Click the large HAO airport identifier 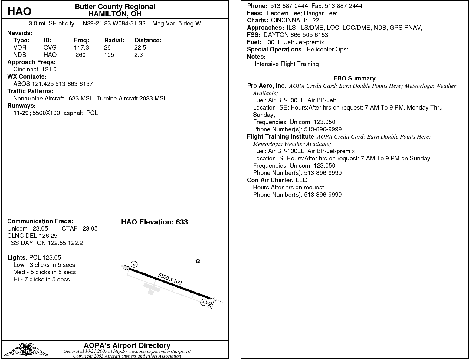[19, 11]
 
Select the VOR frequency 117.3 [81, 47]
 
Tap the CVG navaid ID [50, 47]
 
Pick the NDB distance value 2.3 [138, 55]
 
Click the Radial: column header [114, 40]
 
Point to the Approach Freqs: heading [31, 62]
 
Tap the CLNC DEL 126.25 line [32, 236]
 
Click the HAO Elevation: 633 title [154, 222]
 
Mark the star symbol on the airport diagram [198, 261]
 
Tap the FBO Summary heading [354, 78]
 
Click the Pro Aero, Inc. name [266, 86]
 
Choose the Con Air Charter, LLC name [277, 180]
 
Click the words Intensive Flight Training [287, 64]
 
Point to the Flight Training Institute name [280, 136]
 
